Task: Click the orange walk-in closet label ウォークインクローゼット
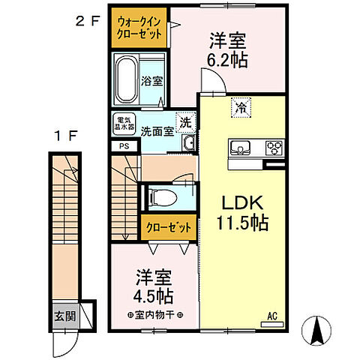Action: click(139, 28)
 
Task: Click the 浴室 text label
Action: click(151, 81)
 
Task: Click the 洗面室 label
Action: click(158, 129)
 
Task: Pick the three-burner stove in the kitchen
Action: click(274, 146)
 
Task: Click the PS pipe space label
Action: click(124, 147)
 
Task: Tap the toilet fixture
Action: click(160, 198)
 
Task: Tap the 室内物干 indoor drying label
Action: click(155, 313)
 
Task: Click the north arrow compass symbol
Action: click(316, 330)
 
